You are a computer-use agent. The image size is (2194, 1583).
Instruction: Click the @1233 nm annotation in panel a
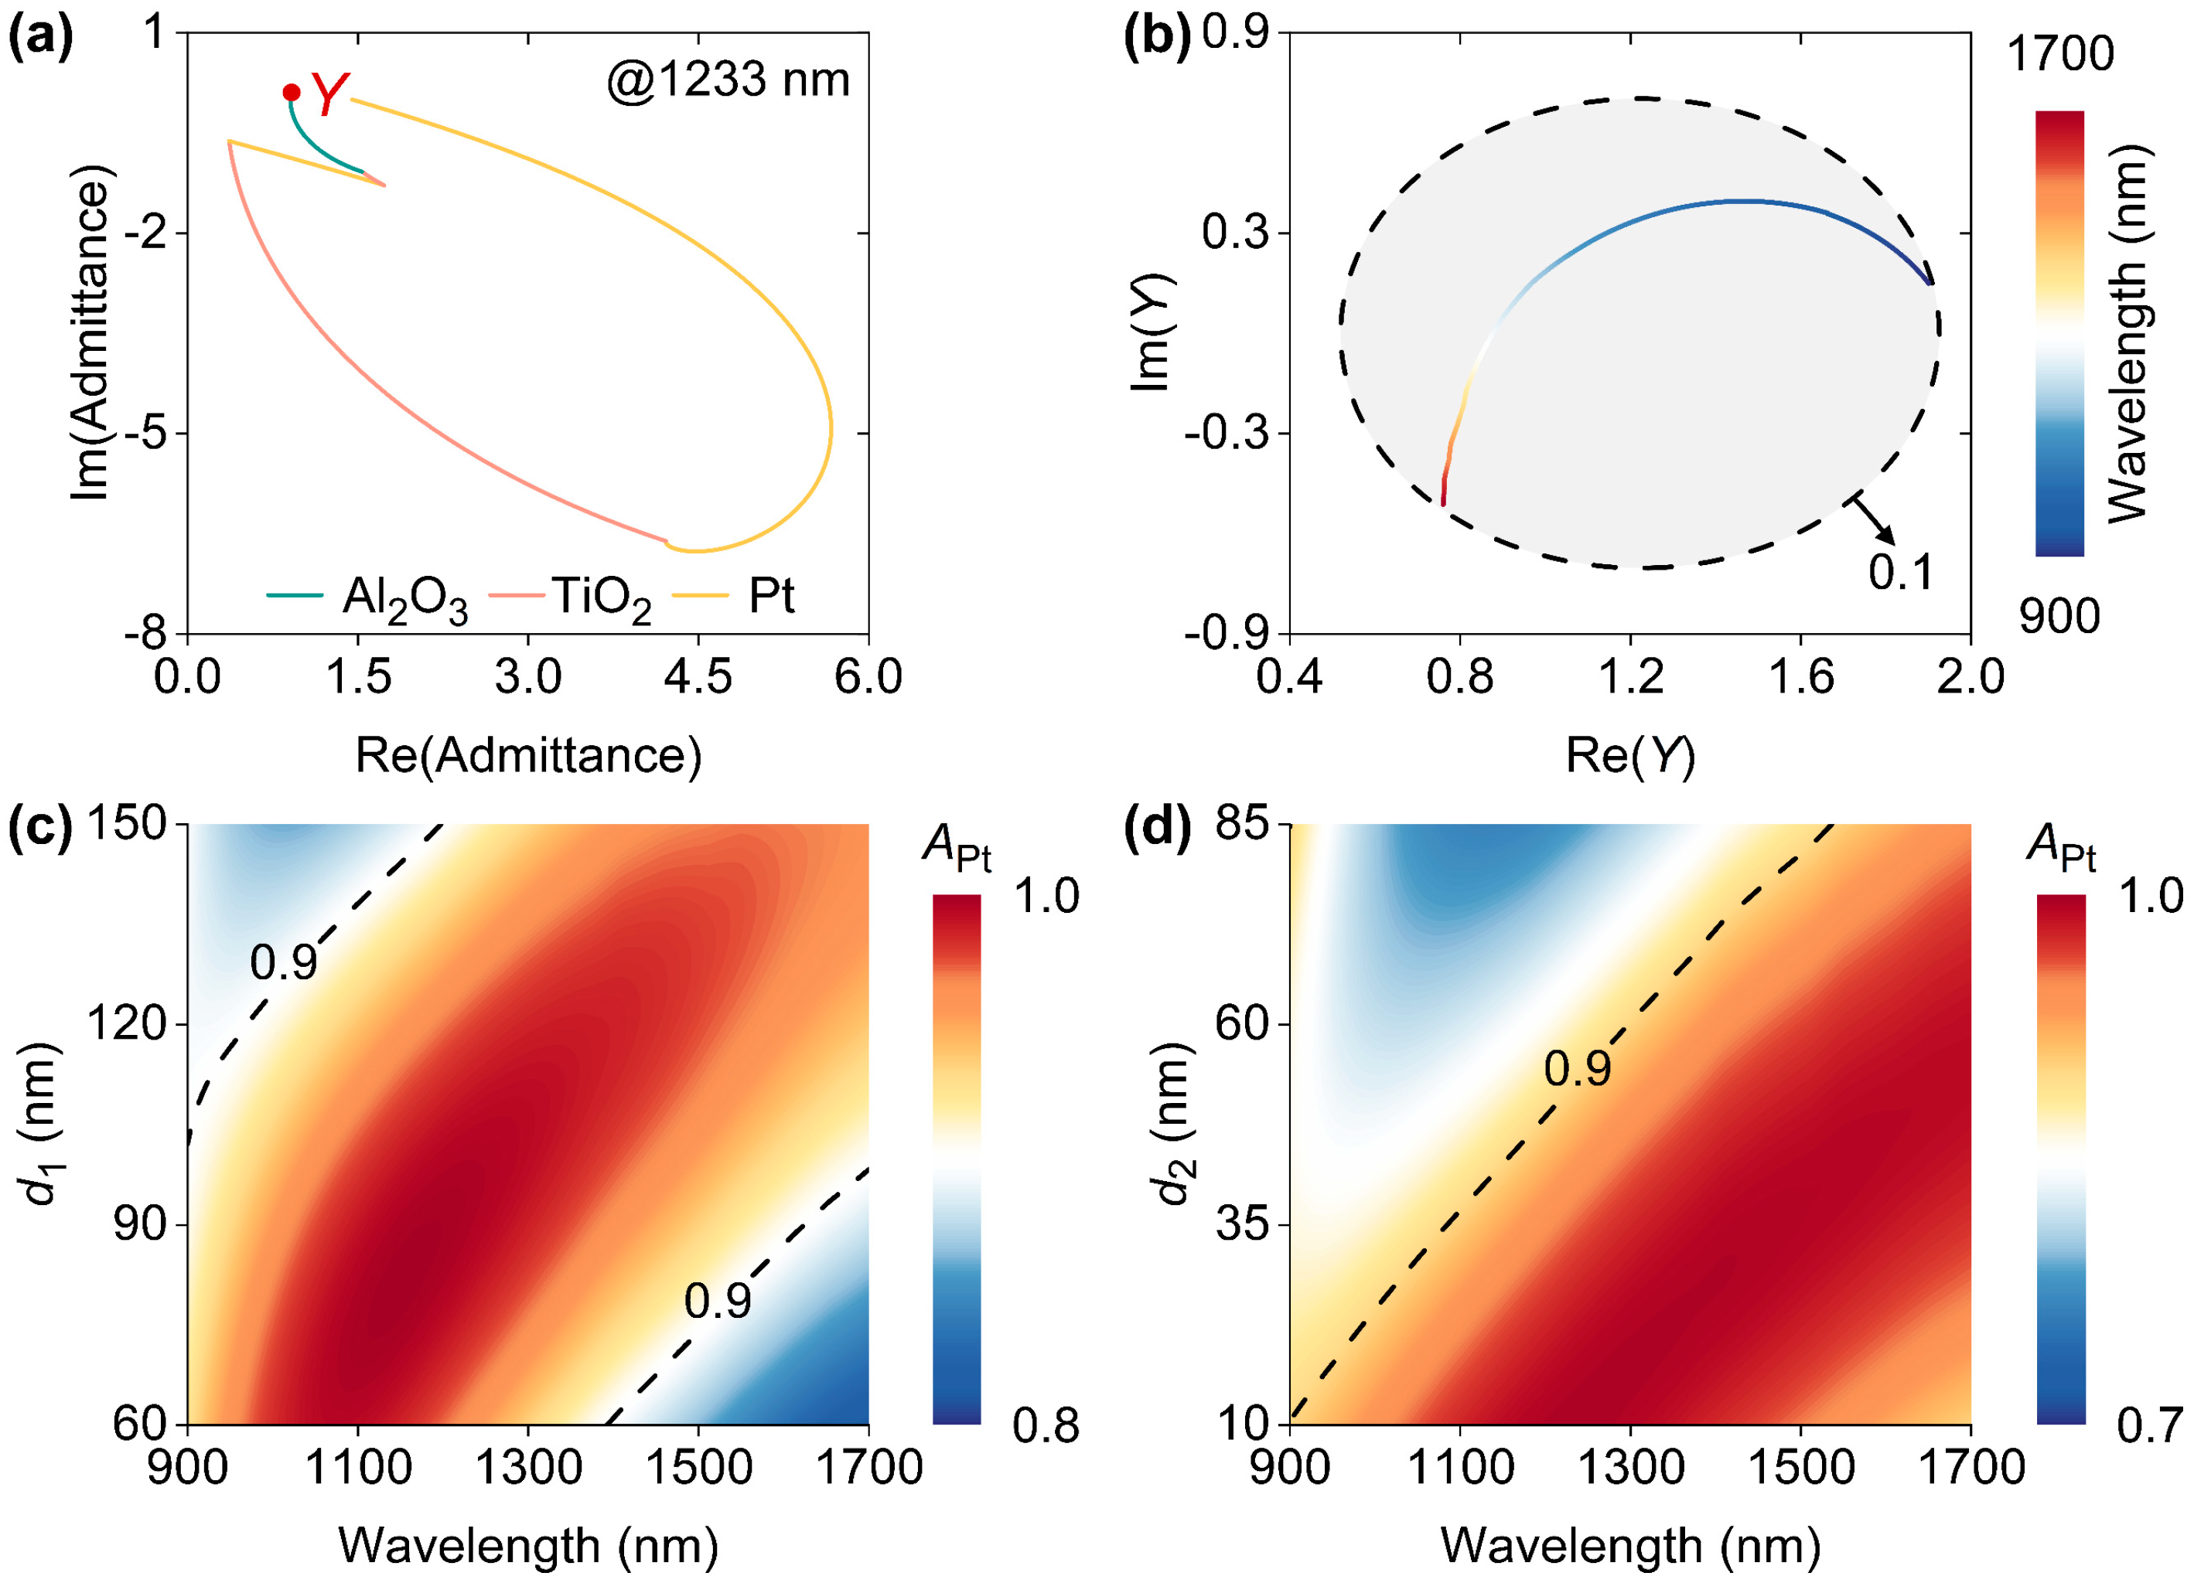click(x=728, y=80)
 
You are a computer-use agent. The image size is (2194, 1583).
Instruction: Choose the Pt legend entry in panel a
click(x=740, y=597)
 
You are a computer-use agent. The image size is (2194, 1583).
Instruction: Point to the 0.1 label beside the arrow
click(x=1900, y=573)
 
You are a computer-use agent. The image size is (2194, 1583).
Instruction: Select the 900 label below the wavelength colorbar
click(x=2059, y=616)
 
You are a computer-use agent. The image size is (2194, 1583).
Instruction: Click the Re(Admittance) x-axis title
click(x=528, y=755)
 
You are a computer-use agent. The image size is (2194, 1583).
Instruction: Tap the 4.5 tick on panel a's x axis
click(x=698, y=678)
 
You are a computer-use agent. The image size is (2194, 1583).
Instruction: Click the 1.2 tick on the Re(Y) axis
click(x=1630, y=678)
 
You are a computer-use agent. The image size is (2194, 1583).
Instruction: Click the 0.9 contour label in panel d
click(x=1577, y=1068)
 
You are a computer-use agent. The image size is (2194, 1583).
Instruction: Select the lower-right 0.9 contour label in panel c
click(x=717, y=1302)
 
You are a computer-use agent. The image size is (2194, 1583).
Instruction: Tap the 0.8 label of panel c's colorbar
click(x=1046, y=1426)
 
